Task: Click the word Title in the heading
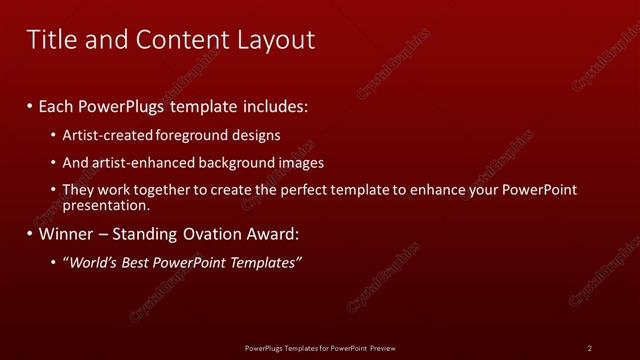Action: click(x=49, y=39)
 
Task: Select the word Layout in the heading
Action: click(x=271, y=39)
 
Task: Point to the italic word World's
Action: click(x=90, y=263)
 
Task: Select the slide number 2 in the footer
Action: click(x=590, y=348)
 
